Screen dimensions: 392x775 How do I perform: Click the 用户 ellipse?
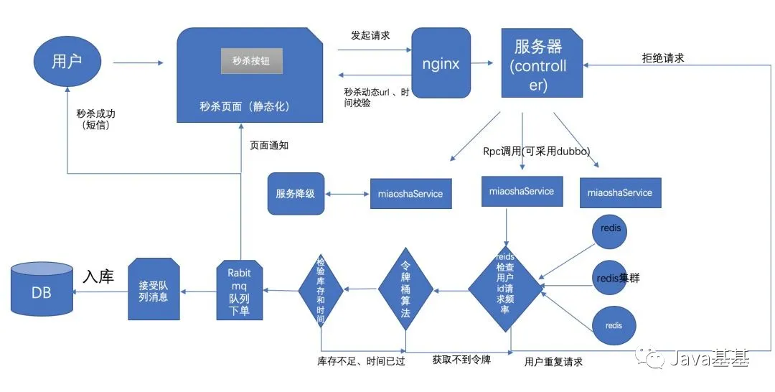pyautogui.click(x=67, y=62)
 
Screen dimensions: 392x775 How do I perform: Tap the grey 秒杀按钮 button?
pyautogui.click(x=251, y=61)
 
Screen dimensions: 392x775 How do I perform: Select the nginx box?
pyautogui.click(x=441, y=63)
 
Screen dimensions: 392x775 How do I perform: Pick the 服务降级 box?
pyautogui.click(x=296, y=193)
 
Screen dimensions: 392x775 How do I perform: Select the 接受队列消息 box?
pyautogui.click(x=153, y=290)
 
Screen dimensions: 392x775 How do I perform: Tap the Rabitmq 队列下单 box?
pyautogui.click(x=239, y=290)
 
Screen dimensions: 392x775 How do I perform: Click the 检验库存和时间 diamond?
pyautogui.click(x=321, y=290)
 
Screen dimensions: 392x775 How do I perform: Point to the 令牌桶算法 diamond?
pyautogui.click(x=406, y=290)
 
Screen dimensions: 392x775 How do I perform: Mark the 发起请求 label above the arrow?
pyautogui.click(x=370, y=35)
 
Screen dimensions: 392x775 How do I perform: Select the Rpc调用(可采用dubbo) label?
pyautogui.click(x=532, y=152)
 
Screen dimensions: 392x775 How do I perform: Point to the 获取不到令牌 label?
pyautogui.click(x=461, y=359)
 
